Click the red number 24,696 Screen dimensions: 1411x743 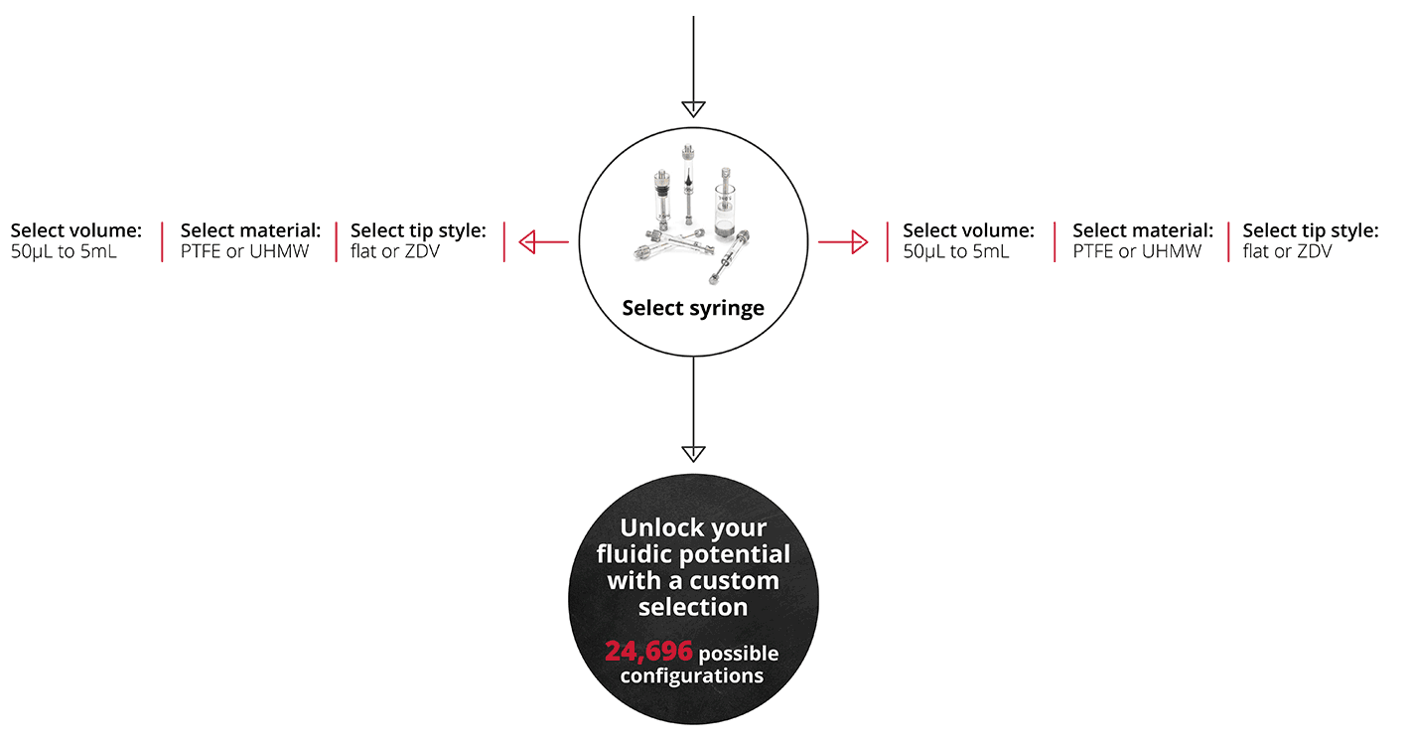click(x=648, y=651)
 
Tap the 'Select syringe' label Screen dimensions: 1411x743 click(x=693, y=308)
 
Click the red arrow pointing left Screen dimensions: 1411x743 click(x=543, y=242)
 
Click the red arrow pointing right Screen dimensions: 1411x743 click(x=843, y=242)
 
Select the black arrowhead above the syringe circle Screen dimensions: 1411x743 click(x=693, y=109)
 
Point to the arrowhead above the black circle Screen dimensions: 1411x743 click(x=693, y=454)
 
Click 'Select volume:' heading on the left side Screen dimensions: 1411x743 click(x=76, y=230)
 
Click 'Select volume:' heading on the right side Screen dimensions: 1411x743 click(x=969, y=230)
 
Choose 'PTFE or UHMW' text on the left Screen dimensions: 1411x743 click(x=245, y=251)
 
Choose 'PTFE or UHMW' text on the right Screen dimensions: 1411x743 click(x=1137, y=251)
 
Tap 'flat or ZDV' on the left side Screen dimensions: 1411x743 click(x=395, y=251)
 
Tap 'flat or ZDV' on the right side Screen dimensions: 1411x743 click(x=1287, y=251)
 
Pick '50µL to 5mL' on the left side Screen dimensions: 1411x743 click(x=64, y=251)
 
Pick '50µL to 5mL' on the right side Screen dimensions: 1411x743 click(x=956, y=251)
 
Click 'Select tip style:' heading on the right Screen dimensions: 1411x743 click(x=1311, y=230)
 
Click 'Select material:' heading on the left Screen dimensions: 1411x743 click(x=250, y=230)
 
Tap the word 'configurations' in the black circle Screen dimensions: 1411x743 click(x=692, y=676)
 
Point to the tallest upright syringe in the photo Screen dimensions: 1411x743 click(x=688, y=184)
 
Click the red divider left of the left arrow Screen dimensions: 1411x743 click(x=504, y=241)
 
